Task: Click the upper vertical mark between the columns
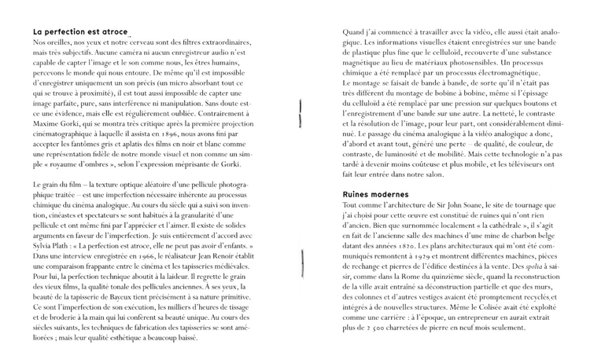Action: point(301,114)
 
